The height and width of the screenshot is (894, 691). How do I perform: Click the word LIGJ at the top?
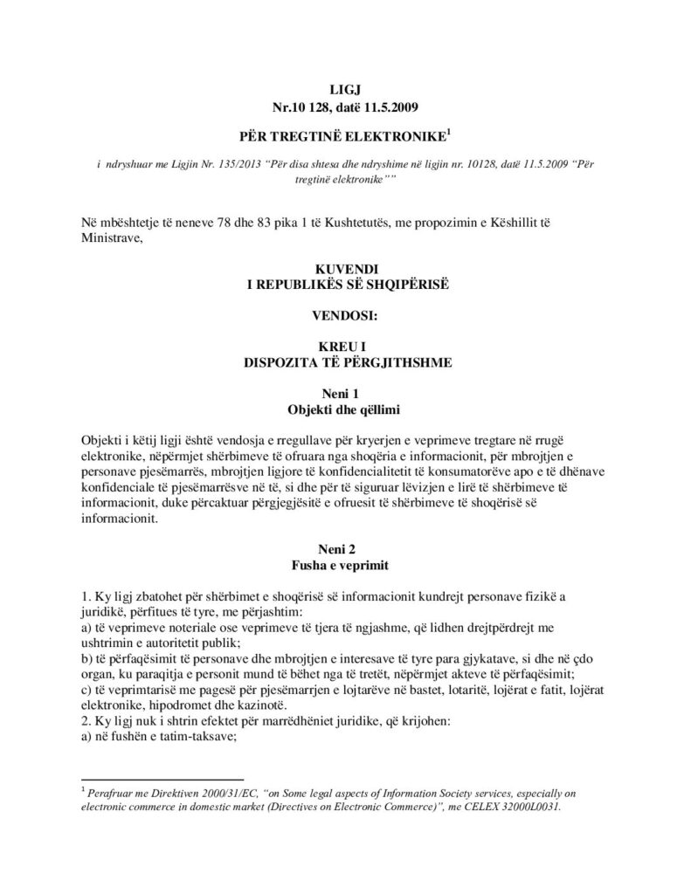pos(345,89)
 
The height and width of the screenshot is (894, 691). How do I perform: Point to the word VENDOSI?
pos(345,313)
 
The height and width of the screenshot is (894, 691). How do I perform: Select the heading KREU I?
pos(345,347)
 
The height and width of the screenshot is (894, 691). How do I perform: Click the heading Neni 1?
pos(345,394)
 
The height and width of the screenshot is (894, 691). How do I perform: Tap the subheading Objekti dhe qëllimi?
pos(345,409)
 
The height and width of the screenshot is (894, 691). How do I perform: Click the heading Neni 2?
pos(345,550)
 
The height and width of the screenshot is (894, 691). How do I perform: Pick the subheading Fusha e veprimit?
pos(345,566)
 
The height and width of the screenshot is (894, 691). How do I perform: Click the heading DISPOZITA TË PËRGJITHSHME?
pos(345,361)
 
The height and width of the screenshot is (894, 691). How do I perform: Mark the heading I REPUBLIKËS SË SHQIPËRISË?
pos(345,285)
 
